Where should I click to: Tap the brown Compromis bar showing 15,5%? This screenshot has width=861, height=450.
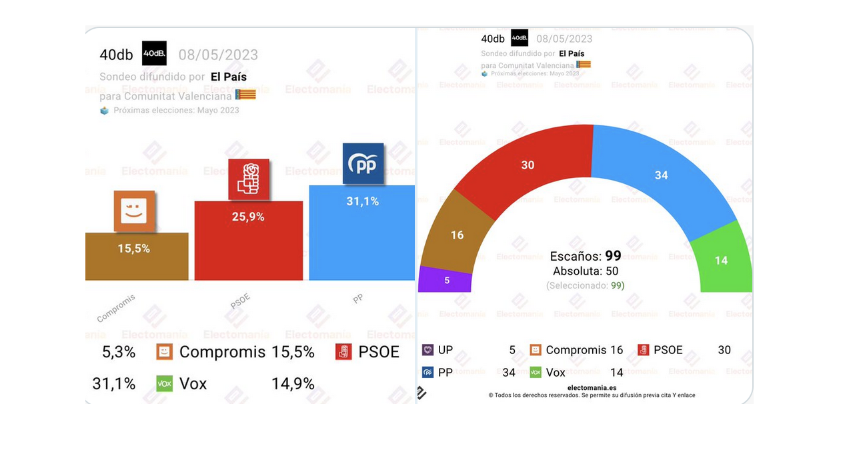tap(137, 257)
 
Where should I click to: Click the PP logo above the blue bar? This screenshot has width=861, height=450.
tap(363, 164)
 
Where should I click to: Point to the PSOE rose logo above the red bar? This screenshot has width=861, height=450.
tap(249, 179)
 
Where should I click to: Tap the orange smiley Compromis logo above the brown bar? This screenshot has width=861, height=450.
tap(134, 211)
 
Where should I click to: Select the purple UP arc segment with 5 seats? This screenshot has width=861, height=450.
tap(445, 279)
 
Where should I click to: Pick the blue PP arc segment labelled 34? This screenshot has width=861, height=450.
tap(660, 174)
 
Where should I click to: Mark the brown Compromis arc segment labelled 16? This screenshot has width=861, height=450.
tap(458, 234)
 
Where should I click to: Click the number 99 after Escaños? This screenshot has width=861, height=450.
tap(613, 256)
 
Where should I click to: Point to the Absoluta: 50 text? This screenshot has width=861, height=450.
tap(586, 271)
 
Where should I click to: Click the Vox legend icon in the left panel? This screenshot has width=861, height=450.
tap(164, 383)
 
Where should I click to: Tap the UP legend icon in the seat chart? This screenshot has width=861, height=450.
tap(427, 350)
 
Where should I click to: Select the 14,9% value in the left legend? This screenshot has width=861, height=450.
tap(293, 383)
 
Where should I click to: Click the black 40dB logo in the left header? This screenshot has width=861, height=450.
tap(154, 54)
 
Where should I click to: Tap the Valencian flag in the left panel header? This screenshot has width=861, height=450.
tap(245, 95)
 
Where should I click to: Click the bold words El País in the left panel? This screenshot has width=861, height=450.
tap(229, 77)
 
